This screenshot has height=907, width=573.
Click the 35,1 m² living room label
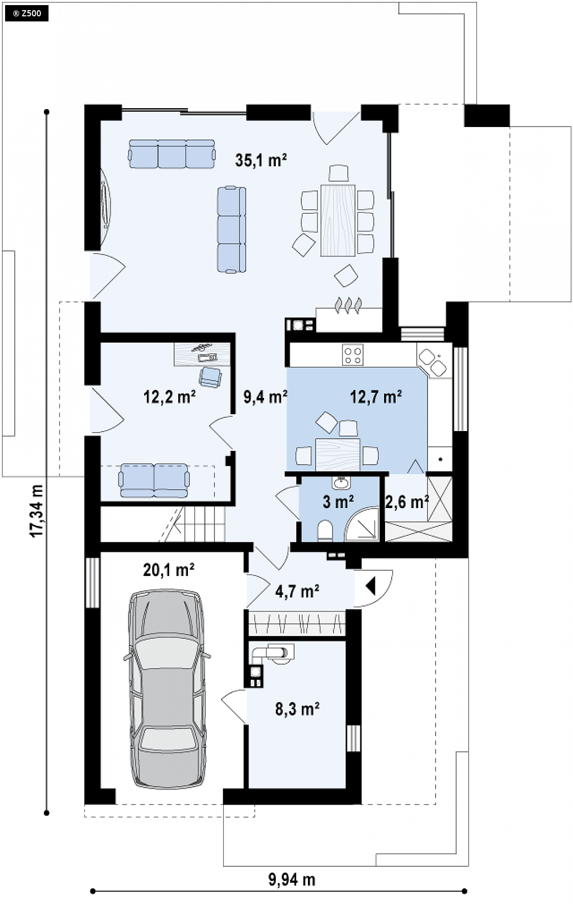point(260,160)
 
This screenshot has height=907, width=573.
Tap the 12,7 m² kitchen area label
point(376,396)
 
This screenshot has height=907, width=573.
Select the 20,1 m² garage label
point(169,569)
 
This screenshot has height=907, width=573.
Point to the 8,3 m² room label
point(297,709)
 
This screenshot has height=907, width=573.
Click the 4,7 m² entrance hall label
point(297,591)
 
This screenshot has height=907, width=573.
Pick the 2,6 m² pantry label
point(407,502)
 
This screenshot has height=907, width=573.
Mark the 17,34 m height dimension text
point(36,511)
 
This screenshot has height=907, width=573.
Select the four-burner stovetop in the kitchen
point(352,355)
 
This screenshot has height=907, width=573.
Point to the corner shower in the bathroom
point(363,523)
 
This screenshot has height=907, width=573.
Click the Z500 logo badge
point(27,13)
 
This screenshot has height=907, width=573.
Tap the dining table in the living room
point(338,219)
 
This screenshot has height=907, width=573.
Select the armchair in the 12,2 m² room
point(210,376)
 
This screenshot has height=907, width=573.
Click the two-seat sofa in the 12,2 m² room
point(154,480)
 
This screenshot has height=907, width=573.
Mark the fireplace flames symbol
point(348,304)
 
